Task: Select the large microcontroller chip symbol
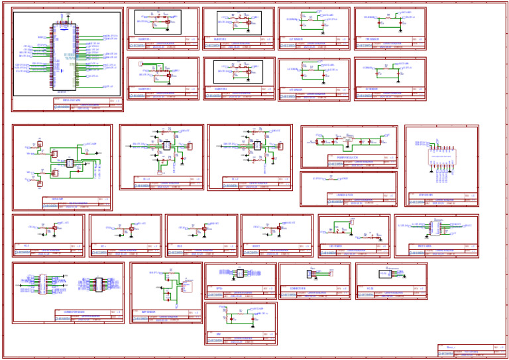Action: click(x=64, y=56)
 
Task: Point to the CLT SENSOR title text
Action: click(x=296, y=40)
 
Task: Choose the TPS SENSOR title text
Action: click(x=372, y=40)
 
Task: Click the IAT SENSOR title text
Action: click(x=296, y=90)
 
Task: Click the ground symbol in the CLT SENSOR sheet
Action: click(x=322, y=29)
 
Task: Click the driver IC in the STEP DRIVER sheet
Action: click(x=441, y=152)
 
